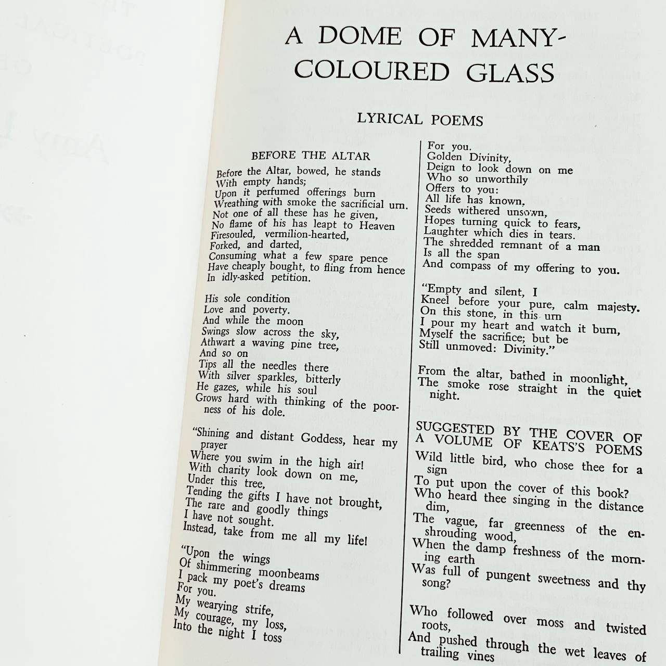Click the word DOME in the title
(x=360, y=36)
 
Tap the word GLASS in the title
(x=510, y=73)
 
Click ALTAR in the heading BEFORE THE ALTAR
(x=351, y=156)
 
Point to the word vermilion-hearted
(x=306, y=235)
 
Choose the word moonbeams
(x=289, y=574)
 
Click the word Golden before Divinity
(x=444, y=157)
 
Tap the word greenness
(x=539, y=527)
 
